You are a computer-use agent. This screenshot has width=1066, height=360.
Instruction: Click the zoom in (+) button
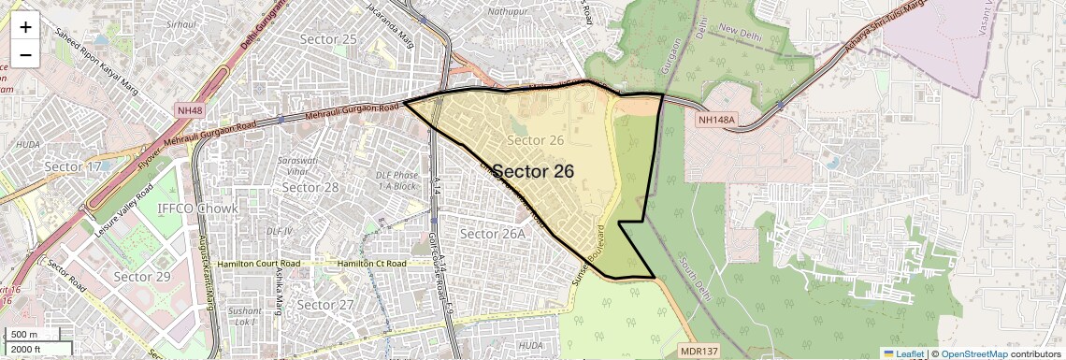point(25,26)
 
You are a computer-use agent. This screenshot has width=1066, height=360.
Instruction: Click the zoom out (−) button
point(25,54)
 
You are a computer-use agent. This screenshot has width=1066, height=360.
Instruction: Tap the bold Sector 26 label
point(533,171)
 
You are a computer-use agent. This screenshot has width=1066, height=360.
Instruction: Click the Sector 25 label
point(328,38)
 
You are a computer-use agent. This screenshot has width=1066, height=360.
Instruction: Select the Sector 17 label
point(72,166)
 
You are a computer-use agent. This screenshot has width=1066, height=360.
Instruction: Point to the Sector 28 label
point(310,187)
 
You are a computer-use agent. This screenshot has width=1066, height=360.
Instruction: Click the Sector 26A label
point(494,233)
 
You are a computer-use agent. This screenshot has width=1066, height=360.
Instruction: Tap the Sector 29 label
point(142,277)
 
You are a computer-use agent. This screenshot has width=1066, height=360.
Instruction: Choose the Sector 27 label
point(324,305)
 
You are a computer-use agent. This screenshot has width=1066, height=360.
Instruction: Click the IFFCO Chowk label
point(198,208)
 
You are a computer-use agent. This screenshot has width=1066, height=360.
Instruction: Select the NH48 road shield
point(189,110)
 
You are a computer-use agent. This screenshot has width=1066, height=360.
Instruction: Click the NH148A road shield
point(717,120)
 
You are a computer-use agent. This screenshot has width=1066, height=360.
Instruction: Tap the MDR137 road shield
point(699,350)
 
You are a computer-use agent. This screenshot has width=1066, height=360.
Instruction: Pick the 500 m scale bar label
point(24,335)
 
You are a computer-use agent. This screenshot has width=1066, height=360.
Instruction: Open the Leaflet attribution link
point(903,353)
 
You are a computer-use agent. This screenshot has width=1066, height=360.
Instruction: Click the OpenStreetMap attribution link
point(973,353)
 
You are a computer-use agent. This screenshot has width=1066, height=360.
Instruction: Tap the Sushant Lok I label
point(245,315)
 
